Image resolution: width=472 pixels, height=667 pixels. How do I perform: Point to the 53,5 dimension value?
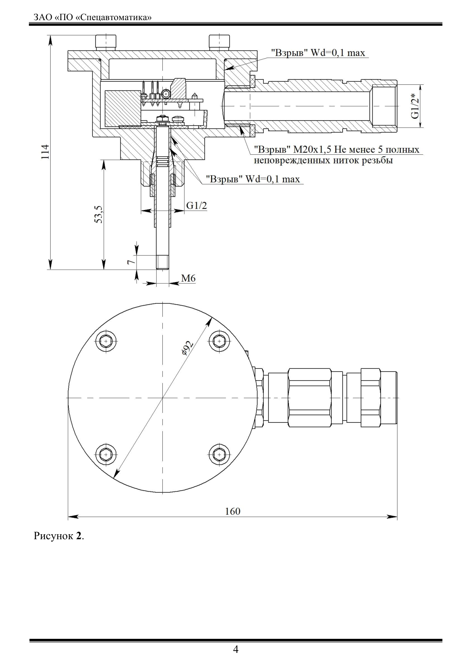pos(99,214)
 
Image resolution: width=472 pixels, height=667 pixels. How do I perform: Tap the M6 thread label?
pos(188,278)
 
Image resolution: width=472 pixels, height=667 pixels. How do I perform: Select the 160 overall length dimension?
pos(232,511)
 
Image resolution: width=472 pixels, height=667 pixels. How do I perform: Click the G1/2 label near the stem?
pos(197,206)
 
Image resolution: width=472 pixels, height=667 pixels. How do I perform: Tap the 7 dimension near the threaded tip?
pos(130,262)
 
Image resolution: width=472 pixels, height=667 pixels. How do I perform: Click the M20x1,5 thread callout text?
pos(337,155)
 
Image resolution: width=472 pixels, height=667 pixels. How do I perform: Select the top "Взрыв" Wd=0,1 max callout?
pos(318,53)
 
